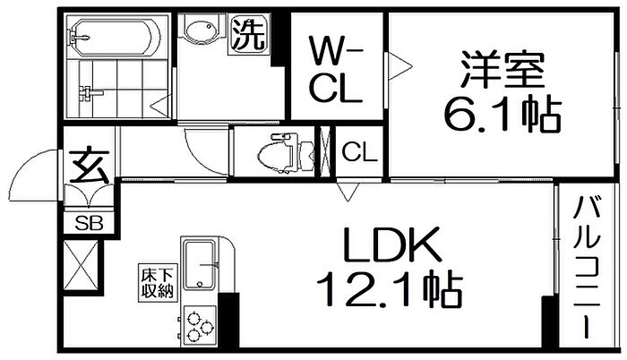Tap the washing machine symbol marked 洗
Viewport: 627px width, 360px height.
click(248, 34)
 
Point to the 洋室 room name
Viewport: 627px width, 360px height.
click(502, 69)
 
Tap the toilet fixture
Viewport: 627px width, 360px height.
click(287, 153)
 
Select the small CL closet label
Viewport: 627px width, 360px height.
click(359, 152)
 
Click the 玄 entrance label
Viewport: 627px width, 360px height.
click(89, 166)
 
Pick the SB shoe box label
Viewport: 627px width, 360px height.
click(89, 223)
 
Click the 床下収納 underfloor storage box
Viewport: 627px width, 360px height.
click(157, 283)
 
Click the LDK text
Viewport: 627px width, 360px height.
click(391, 244)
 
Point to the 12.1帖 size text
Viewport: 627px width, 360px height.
click(390, 288)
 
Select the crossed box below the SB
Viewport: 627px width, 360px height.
click(81, 265)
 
